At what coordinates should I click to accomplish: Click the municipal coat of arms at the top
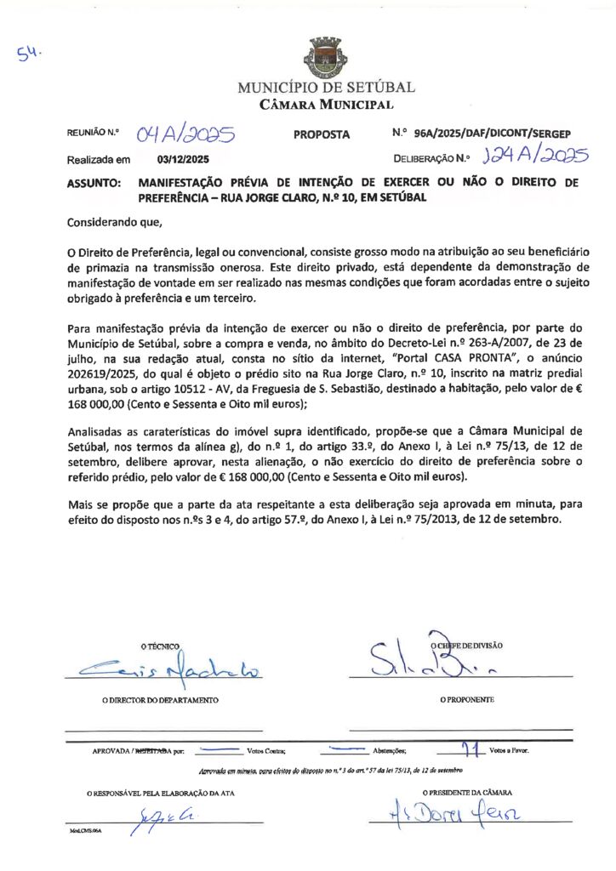pyautogui.click(x=325, y=57)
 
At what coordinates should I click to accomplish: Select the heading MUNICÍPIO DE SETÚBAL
pyautogui.click(x=326, y=88)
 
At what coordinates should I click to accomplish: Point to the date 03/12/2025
pyautogui.click(x=183, y=159)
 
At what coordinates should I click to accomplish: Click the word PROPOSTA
pyautogui.click(x=322, y=134)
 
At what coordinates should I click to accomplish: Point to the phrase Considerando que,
pyautogui.click(x=113, y=223)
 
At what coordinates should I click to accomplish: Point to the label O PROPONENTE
pyautogui.click(x=467, y=700)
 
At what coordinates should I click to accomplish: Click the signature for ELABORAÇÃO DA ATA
pyautogui.click(x=167, y=821)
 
